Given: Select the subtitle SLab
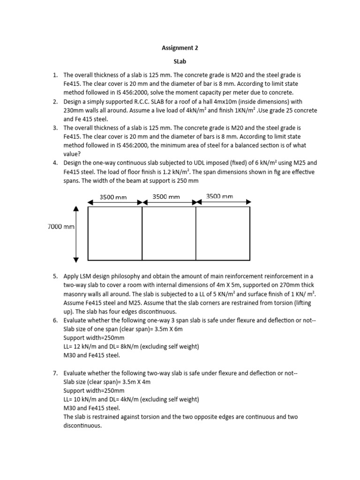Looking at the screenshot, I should click(x=180, y=61).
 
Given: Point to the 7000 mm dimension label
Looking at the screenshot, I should click(x=61, y=227).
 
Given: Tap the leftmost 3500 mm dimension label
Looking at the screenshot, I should click(x=113, y=197).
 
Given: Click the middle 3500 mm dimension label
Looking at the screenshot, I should click(x=166, y=197).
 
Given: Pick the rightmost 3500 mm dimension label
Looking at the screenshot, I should click(x=219, y=196).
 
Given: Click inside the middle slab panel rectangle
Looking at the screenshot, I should click(x=169, y=233).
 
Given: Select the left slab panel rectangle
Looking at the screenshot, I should click(x=115, y=233).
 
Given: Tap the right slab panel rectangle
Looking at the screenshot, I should click(x=223, y=233).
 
